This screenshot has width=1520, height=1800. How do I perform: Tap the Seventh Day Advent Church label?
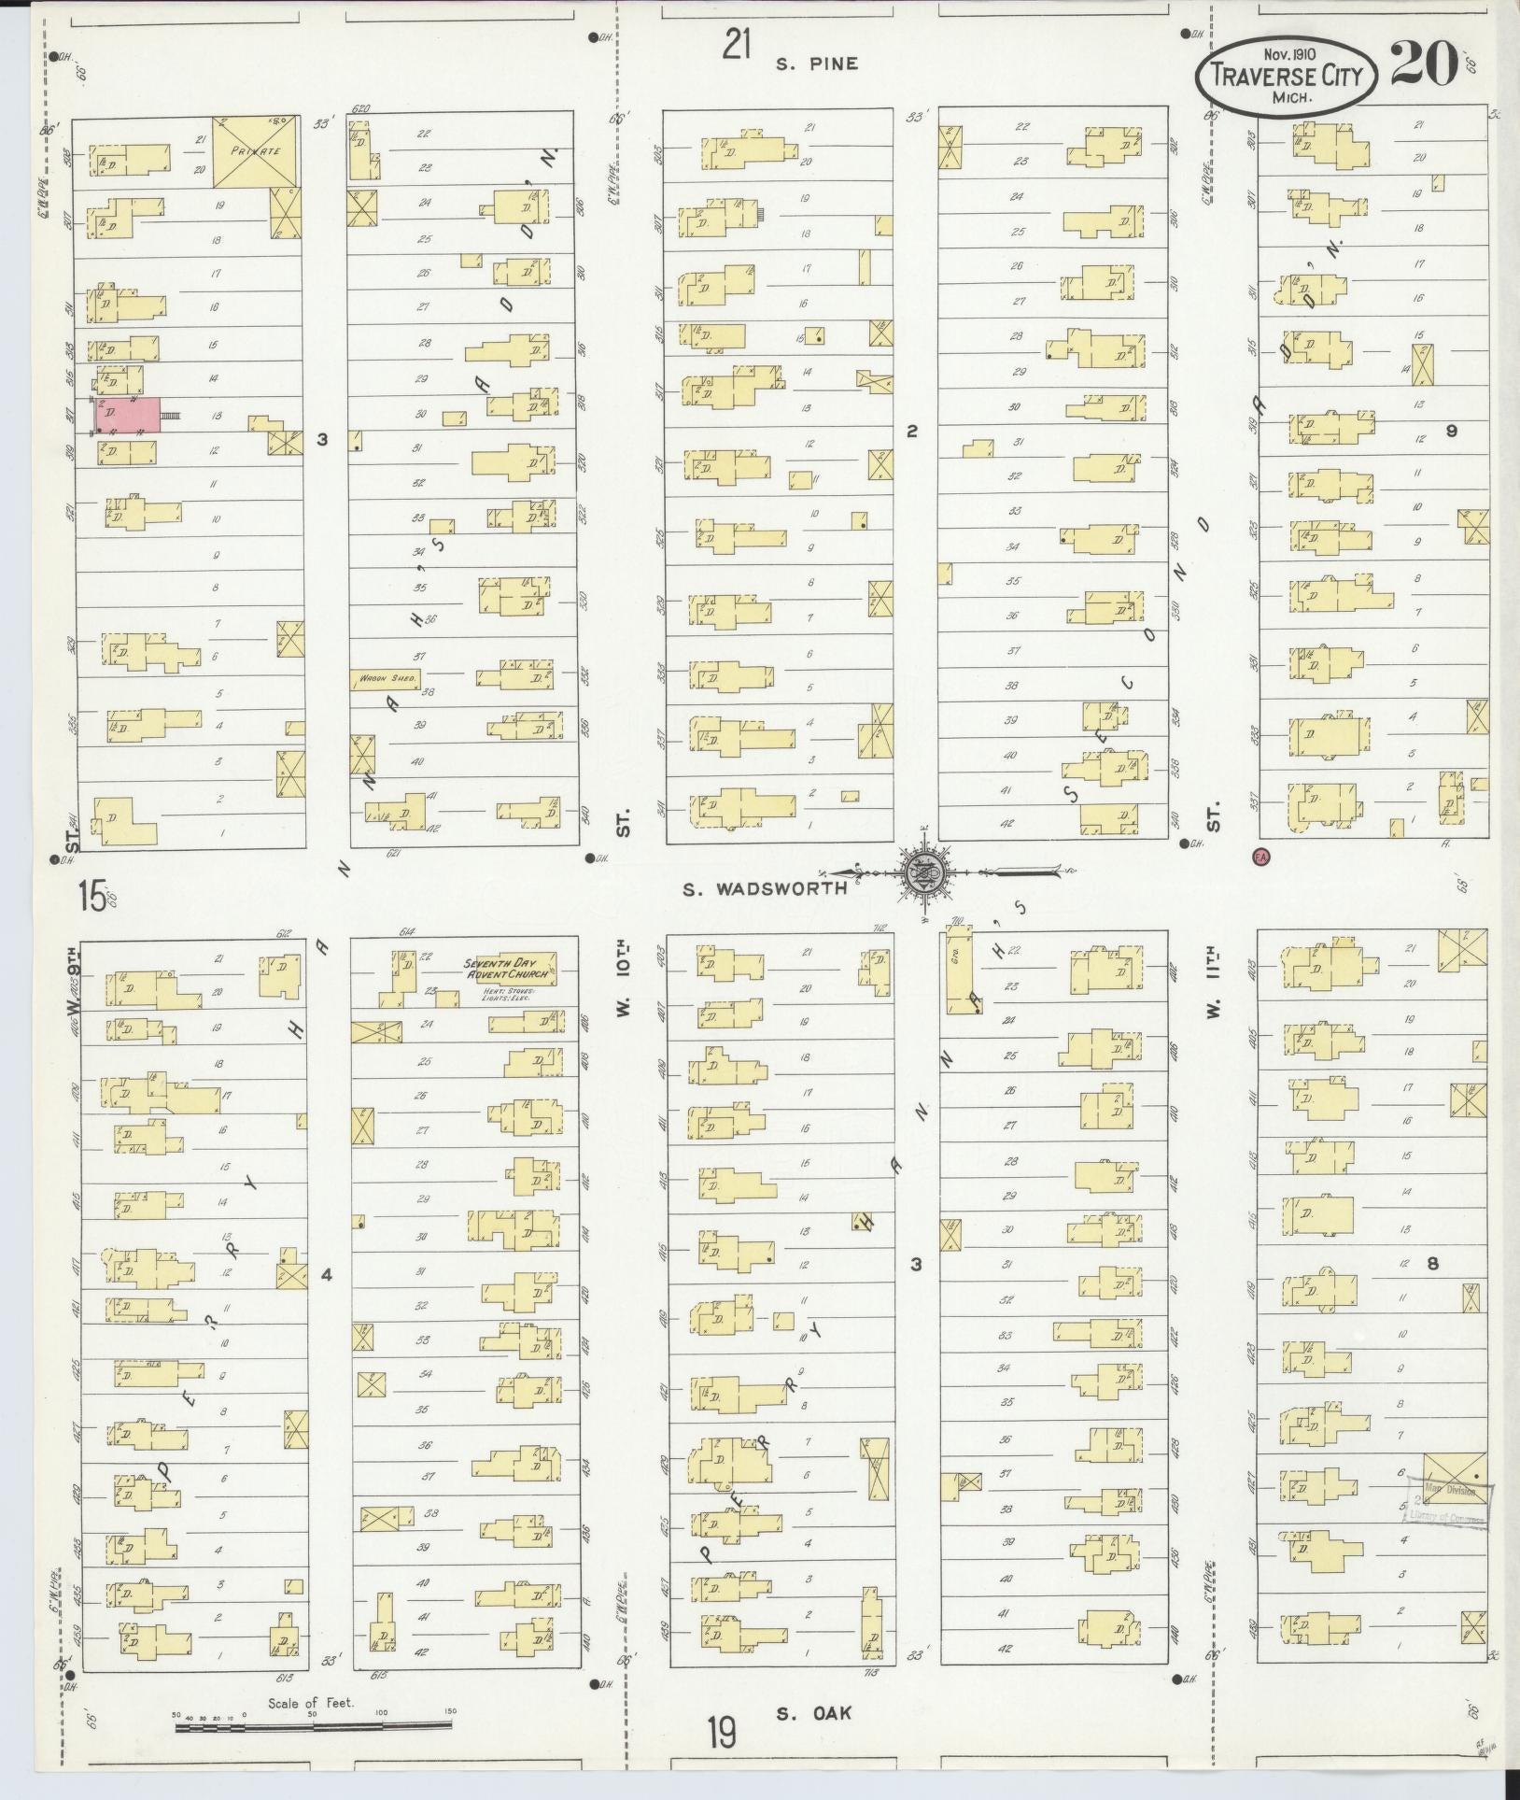click(510, 968)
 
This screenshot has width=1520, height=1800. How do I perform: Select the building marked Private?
click(256, 149)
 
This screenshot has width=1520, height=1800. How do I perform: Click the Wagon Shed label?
click(387, 679)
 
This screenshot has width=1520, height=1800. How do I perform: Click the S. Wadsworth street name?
click(765, 888)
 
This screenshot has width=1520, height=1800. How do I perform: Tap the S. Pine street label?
click(815, 64)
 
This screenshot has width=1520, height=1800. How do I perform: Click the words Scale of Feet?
click(311, 1703)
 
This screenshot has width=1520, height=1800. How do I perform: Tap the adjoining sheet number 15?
click(91, 898)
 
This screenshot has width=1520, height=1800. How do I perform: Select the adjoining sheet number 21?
click(737, 44)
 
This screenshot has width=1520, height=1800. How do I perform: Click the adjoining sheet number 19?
click(721, 1735)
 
